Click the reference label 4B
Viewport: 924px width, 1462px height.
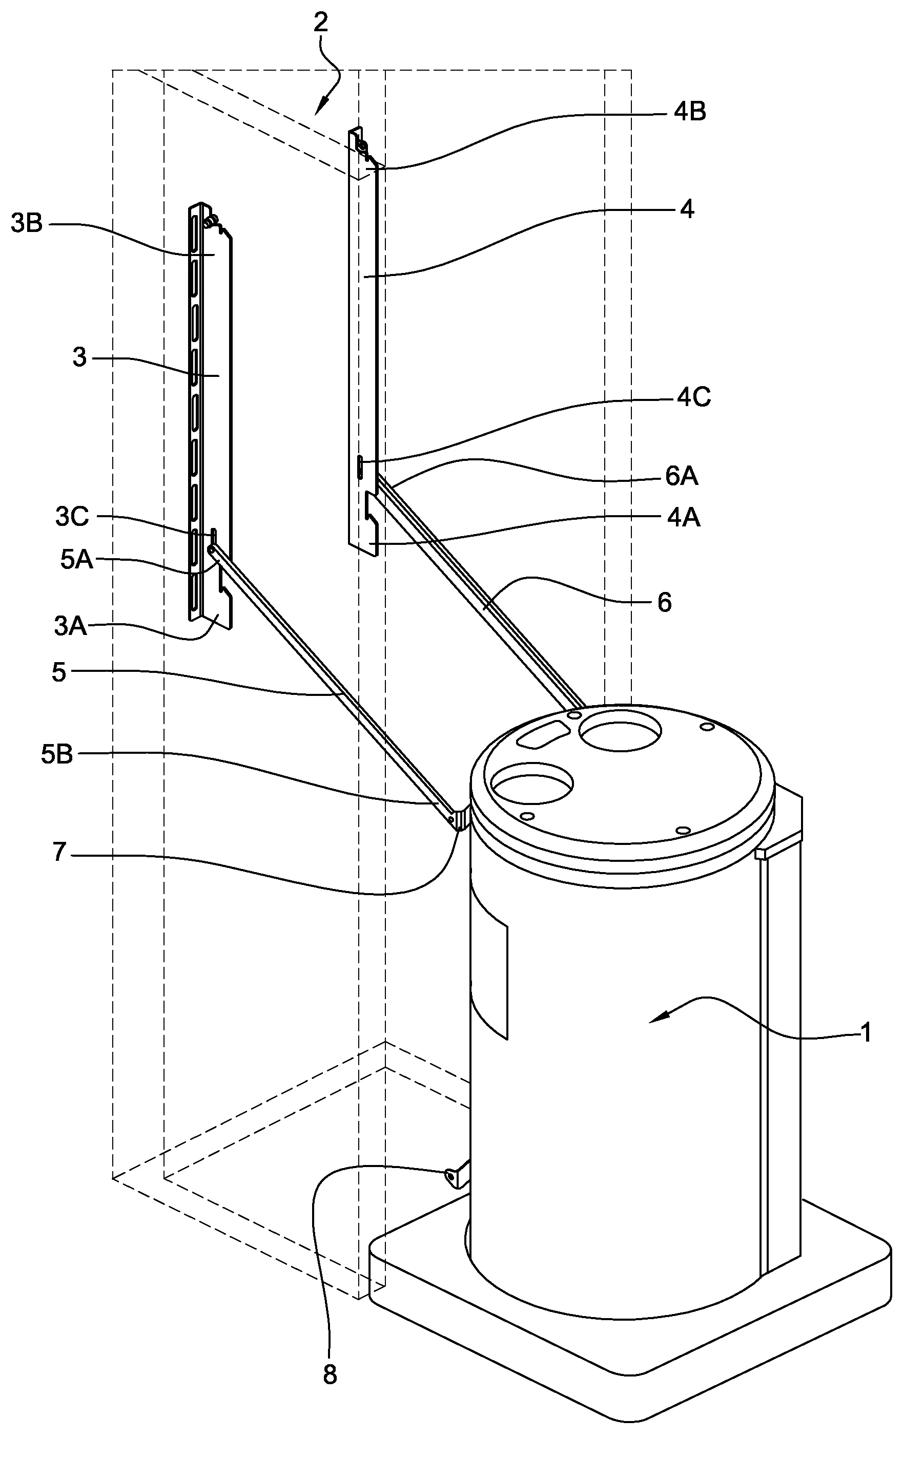(689, 112)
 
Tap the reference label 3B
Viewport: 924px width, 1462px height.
(27, 224)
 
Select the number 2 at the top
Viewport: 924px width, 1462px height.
(320, 23)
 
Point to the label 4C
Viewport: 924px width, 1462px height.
(694, 398)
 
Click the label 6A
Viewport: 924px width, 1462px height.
(682, 477)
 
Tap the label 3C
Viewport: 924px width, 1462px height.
(72, 517)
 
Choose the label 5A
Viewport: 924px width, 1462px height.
(76, 560)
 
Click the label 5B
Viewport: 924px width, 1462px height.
(57, 754)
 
